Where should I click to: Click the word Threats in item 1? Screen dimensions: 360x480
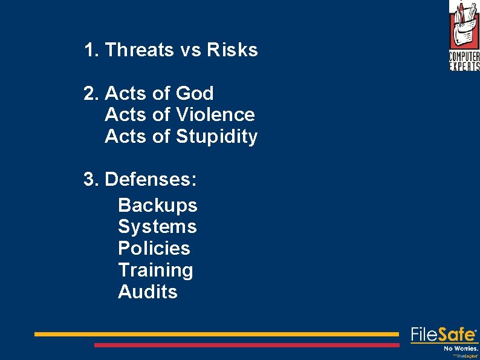pyautogui.click(x=139, y=50)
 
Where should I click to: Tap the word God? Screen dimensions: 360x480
pyautogui.click(x=195, y=94)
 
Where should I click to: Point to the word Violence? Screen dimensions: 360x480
pyautogui.click(x=215, y=115)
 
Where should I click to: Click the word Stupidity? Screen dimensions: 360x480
pyautogui.click(x=216, y=137)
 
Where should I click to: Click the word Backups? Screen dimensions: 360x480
pyautogui.click(x=157, y=206)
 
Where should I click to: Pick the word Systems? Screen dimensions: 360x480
pyautogui.click(x=157, y=227)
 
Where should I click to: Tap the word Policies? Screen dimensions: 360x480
pyautogui.click(x=154, y=249)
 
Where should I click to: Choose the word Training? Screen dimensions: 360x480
pyautogui.click(x=155, y=270)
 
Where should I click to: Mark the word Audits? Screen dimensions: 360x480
pyautogui.click(x=148, y=292)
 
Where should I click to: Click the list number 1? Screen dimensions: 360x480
pyautogui.click(x=91, y=50)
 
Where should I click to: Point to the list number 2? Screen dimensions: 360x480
pyautogui.click(x=91, y=94)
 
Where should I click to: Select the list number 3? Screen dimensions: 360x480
pyautogui.click(x=91, y=180)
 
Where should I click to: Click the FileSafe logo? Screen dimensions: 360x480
pyautogui.click(x=444, y=335)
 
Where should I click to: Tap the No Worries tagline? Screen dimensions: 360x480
pyautogui.click(x=461, y=349)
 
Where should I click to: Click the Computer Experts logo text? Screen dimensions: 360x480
pyautogui.click(x=464, y=61)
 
